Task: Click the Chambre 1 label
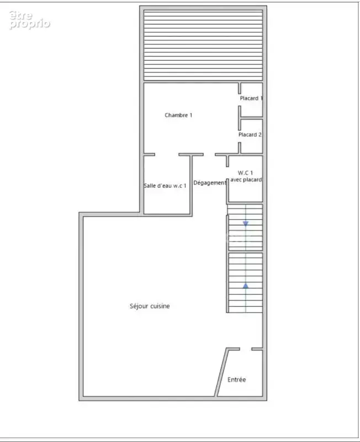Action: [178, 115]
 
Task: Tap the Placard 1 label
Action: [251, 98]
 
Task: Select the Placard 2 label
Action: [250, 134]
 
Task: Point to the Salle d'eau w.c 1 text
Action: [165, 186]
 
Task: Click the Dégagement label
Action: [210, 183]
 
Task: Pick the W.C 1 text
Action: [245, 172]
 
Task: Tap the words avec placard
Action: [246, 180]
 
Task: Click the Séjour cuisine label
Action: [150, 306]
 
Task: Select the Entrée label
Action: [237, 380]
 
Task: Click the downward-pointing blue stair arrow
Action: [246, 223]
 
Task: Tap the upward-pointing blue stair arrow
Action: [246, 286]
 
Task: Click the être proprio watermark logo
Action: [29, 20]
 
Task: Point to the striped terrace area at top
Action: [203, 45]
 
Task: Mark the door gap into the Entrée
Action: [246, 349]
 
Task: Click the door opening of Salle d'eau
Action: [167, 155]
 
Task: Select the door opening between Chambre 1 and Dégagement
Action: [209, 155]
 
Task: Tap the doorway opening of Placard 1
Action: [240, 100]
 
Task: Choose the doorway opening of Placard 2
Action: [240, 136]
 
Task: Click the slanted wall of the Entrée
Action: [221, 372]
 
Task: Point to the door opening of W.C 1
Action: [227, 173]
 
